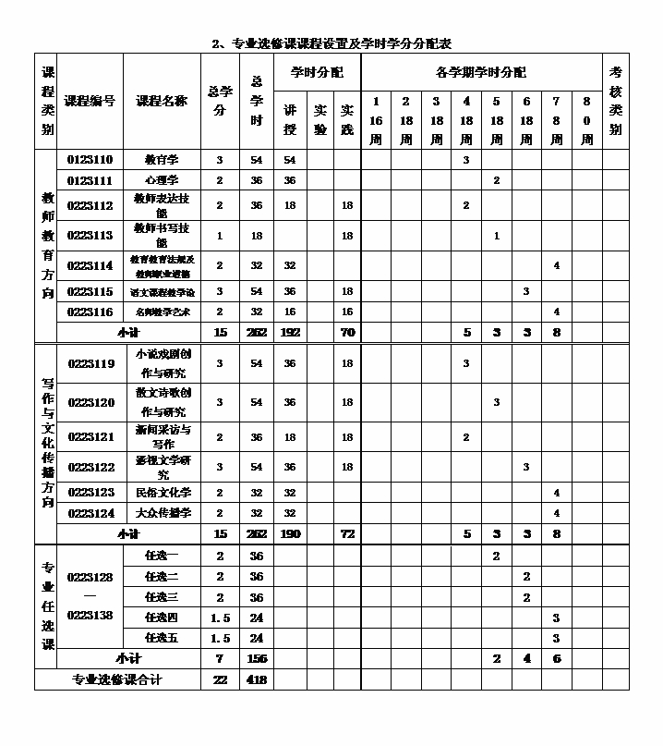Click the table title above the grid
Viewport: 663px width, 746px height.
331,43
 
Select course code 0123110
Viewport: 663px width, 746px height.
90,160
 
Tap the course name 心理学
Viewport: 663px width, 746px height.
163,180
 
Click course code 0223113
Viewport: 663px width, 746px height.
90,236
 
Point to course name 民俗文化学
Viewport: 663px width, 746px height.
163,493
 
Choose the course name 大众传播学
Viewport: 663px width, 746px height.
163,513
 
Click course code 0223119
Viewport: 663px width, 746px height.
90,364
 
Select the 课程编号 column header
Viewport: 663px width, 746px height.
90,101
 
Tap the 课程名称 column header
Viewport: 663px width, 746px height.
163,101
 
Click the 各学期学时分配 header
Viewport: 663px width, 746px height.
480,72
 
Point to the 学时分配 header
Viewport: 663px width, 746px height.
317,72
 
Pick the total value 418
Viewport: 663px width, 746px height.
257,679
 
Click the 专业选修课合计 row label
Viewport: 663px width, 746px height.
117,679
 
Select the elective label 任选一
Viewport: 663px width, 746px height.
163,556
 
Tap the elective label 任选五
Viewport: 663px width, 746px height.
163,638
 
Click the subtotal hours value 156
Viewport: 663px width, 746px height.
257,659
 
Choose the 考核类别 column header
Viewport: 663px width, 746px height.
616,101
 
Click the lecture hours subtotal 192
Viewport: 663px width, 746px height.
290,332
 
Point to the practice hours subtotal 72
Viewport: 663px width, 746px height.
347,534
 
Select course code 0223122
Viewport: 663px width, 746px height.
90,468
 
